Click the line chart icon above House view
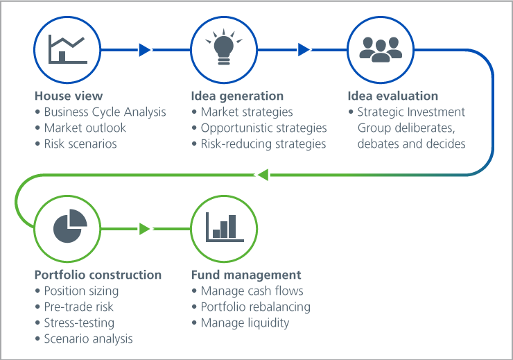click(68, 49)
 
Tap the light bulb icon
click(224, 46)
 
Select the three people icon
click(381, 49)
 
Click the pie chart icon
click(70, 226)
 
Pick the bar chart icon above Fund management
click(225, 227)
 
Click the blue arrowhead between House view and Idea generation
click(144, 50)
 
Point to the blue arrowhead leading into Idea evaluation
click(304, 50)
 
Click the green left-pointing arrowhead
click(263, 175)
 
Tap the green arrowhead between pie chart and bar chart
click(144, 229)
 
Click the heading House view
click(69, 96)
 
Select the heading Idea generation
click(237, 96)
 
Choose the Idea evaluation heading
click(393, 96)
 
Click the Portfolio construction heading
click(98, 275)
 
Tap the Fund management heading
click(246, 275)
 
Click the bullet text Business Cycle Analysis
click(105, 112)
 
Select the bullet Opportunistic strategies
click(263, 128)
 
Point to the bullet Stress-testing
click(79, 323)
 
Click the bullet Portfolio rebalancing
click(256, 307)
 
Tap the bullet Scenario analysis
click(88, 339)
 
